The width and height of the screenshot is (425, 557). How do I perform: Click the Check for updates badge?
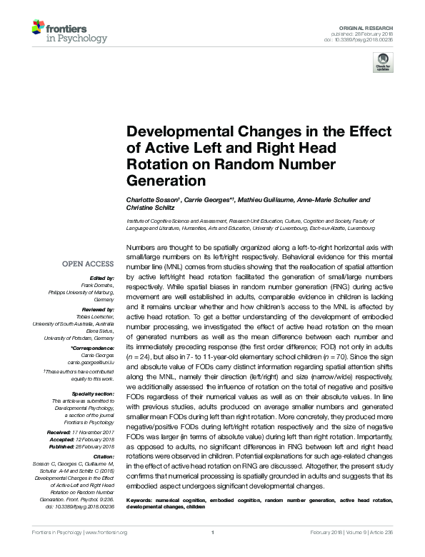[381, 64]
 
